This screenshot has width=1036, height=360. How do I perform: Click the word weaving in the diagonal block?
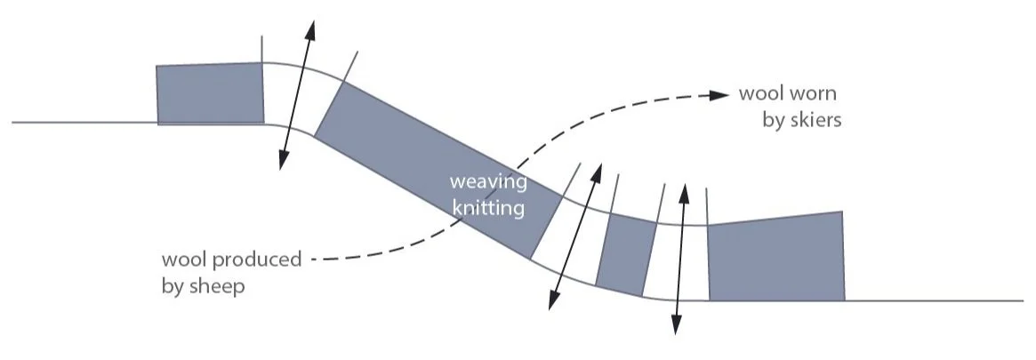(x=488, y=183)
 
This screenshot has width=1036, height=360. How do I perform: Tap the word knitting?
(x=488, y=209)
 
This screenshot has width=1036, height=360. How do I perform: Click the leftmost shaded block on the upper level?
(x=211, y=93)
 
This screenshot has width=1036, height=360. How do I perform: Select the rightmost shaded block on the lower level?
(x=775, y=258)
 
